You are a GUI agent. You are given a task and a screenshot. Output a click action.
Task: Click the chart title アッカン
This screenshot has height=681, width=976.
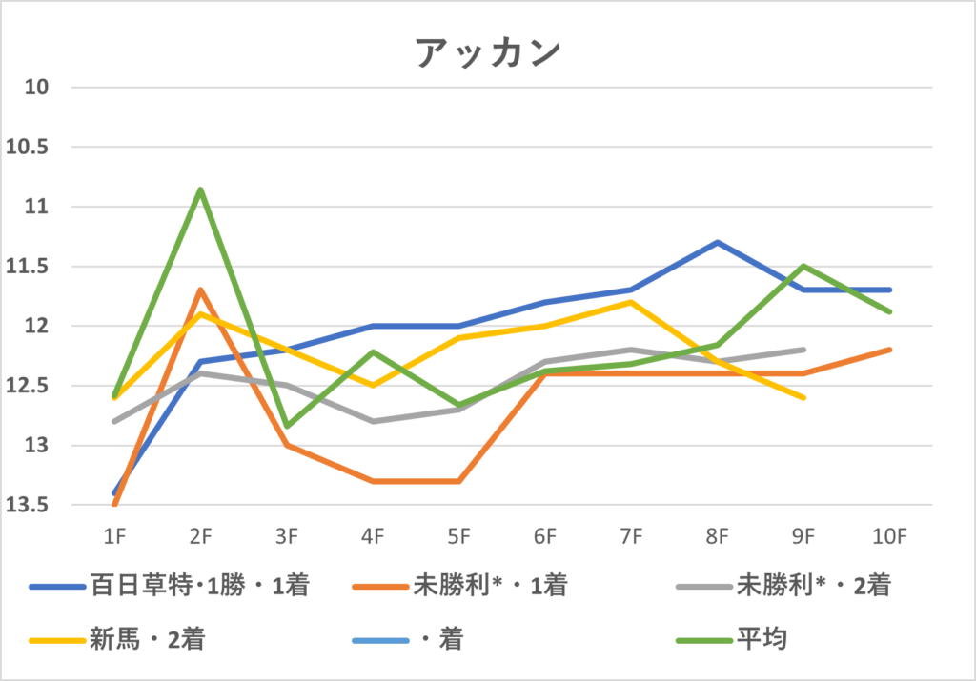pyautogui.click(x=487, y=53)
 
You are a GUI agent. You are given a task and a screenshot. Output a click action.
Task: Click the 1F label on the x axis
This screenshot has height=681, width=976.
pyautogui.click(x=114, y=537)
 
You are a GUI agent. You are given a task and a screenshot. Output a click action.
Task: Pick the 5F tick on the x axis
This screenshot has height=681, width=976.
pyautogui.click(x=459, y=537)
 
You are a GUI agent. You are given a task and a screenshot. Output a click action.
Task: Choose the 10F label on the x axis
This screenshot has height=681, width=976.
pyautogui.click(x=889, y=537)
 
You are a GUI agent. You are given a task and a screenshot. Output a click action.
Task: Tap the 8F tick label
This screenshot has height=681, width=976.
pyautogui.click(x=718, y=537)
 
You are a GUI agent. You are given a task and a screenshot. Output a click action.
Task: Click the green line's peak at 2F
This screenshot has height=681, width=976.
pyautogui.click(x=200, y=189)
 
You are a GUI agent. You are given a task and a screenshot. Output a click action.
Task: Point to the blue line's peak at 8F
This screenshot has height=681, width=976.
pyautogui.click(x=718, y=242)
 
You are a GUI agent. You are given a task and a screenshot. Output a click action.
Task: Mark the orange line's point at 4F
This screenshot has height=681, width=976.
pyautogui.click(x=373, y=481)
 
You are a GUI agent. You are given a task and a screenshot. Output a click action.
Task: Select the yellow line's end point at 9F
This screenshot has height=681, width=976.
pyautogui.click(x=804, y=397)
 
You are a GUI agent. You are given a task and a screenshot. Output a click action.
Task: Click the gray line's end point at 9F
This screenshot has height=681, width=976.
pyautogui.click(x=804, y=350)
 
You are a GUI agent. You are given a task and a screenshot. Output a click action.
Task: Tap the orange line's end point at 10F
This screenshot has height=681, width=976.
pyautogui.click(x=889, y=350)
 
